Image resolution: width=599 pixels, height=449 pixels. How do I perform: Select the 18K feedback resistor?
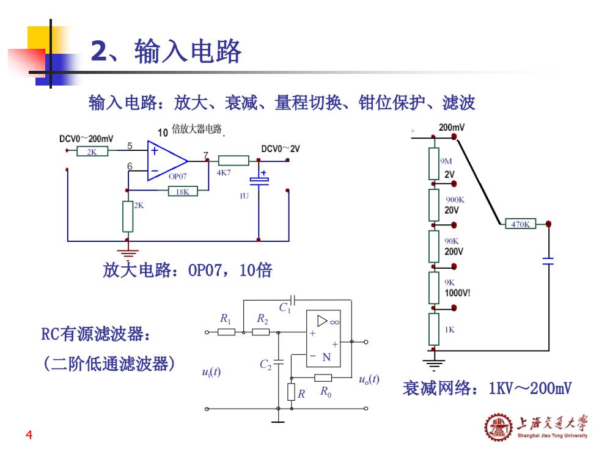tap(183, 191)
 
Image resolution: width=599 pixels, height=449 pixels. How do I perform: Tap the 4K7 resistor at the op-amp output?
tap(233, 160)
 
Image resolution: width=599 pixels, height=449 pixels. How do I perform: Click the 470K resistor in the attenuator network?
tap(520, 224)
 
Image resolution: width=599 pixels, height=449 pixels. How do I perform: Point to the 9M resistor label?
tap(446, 161)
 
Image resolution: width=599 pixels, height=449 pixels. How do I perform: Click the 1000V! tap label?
tap(457, 293)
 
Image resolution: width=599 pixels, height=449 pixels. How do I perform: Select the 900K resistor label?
tap(455, 200)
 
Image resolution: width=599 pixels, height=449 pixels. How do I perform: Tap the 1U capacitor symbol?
tap(259, 181)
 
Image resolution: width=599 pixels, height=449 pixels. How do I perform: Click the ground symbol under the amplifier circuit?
tap(128, 253)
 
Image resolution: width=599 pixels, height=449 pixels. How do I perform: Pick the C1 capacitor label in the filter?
tap(285, 307)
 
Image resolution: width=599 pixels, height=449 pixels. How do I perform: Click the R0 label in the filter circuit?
tap(326, 392)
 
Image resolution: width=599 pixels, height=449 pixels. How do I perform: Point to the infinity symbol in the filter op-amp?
tap(335, 323)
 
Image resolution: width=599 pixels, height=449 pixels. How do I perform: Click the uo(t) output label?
tap(369, 379)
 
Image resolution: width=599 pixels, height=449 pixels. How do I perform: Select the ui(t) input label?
tap(211, 371)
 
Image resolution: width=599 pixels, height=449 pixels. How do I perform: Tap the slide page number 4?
tap(29, 434)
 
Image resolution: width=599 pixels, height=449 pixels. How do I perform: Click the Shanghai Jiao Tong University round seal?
tap(499, 427)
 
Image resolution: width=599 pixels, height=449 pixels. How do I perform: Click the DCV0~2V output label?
tap(281, 148)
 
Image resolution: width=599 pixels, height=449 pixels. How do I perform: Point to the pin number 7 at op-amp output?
tap(206, 155)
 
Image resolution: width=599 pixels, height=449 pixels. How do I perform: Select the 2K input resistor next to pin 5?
tap(92, 151)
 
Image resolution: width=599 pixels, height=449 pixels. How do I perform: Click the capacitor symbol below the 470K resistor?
tap(548, 261)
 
